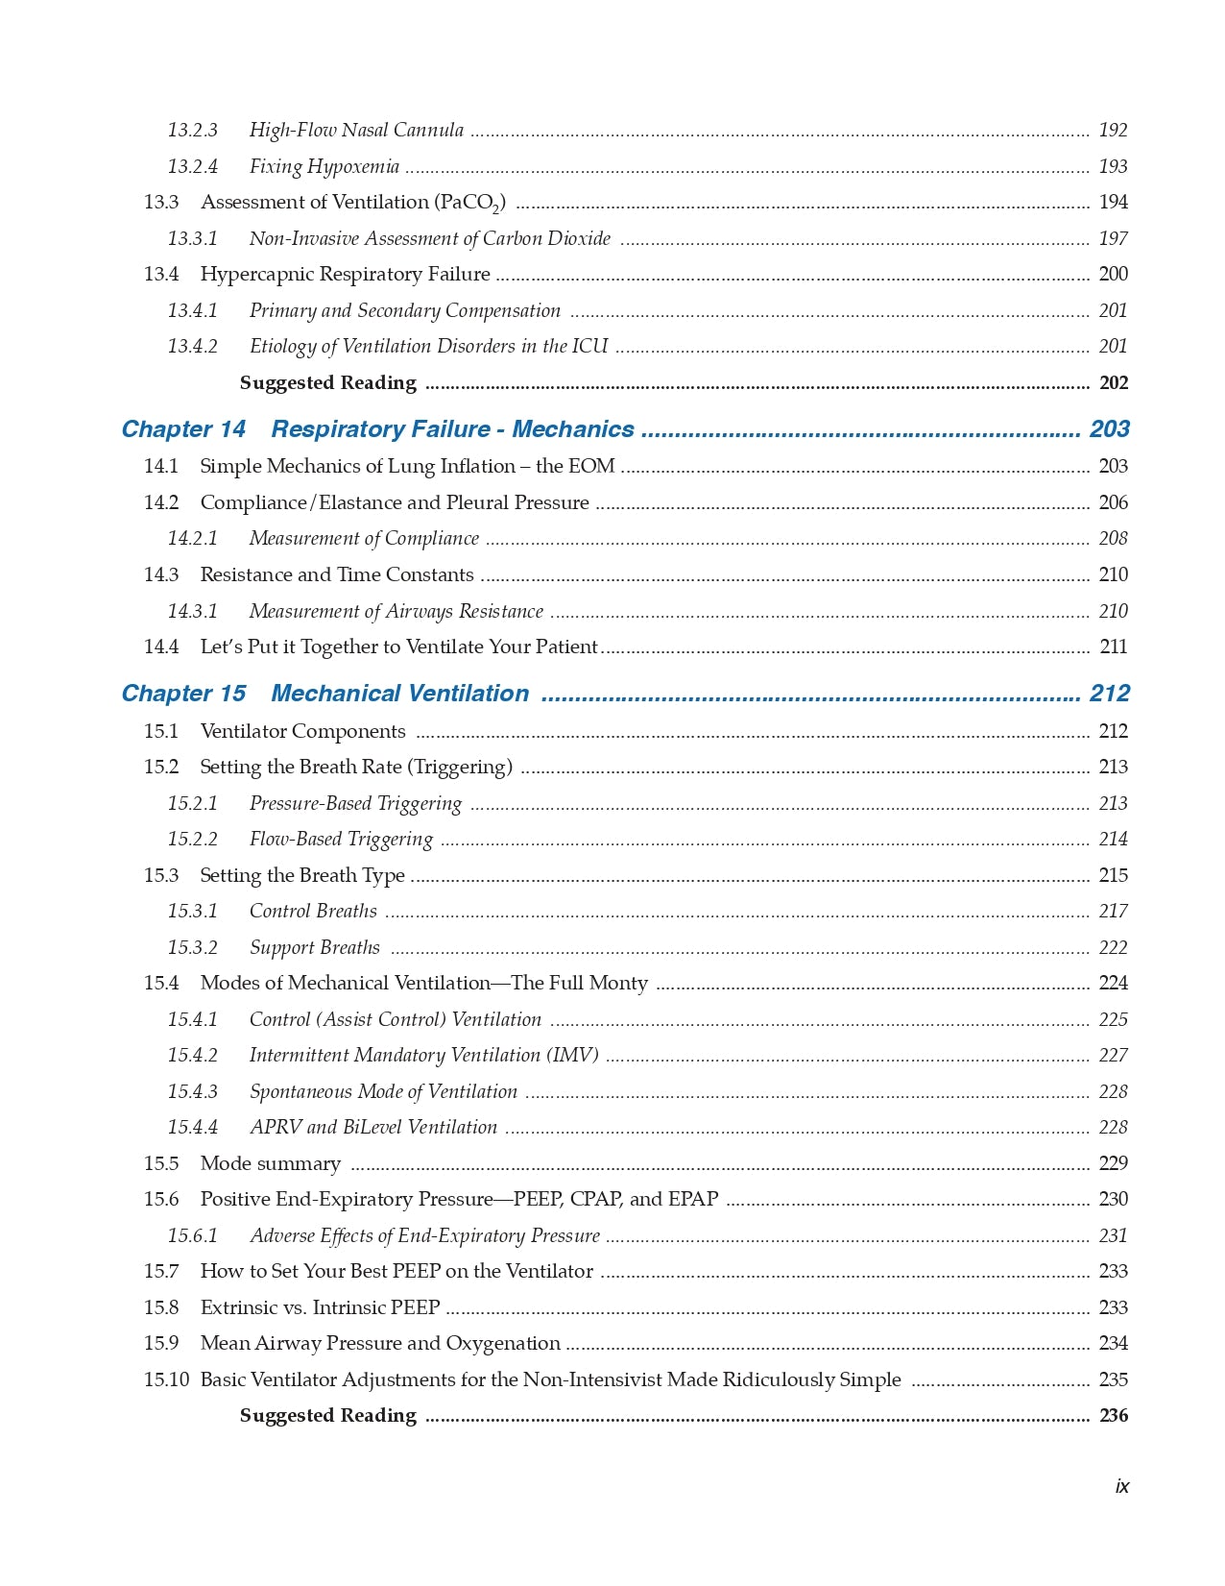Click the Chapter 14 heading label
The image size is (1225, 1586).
coord(183,429)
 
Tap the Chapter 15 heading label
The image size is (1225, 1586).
coord(183,694)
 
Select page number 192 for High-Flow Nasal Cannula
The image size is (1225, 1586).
coord(1113,131)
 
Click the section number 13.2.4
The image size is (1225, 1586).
coord(192,167)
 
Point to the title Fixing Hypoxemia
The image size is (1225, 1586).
coord(324,167)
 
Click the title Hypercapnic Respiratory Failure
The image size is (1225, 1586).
coord(345,275)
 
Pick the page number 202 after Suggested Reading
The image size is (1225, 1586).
coord(1113,383)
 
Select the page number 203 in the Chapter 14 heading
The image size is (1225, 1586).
coord(1109,429)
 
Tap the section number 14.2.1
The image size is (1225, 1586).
coord(192,539)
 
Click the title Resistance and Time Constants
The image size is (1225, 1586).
coord(336,575)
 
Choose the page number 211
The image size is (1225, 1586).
coord(1113,647)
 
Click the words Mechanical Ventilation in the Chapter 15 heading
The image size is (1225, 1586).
coord(399,694)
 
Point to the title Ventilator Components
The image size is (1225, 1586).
coord(302,732)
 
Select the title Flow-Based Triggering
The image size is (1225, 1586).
coord(341,840)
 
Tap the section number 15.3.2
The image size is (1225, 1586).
coord(192,948)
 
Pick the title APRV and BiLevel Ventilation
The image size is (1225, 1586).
coord(373,1128)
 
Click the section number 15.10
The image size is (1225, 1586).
coord(166,1380)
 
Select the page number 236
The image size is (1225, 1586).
coord(1113,1416)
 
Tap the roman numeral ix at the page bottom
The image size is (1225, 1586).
coord(1121,1487)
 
